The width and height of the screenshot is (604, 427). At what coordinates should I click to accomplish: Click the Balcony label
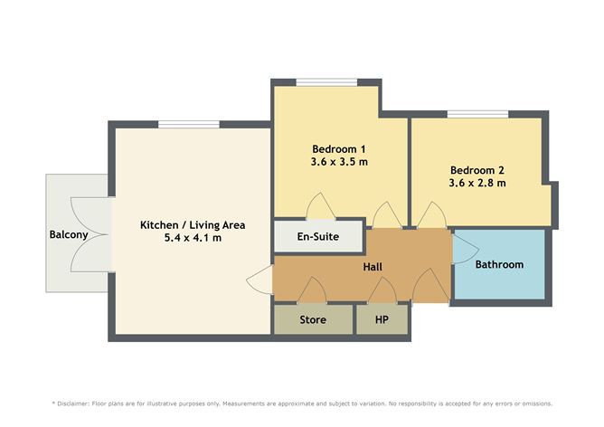(69, 235)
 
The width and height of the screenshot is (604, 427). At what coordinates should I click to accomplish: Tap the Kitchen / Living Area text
(193, 224)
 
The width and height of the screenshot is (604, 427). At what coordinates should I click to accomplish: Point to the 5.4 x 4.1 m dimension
(193, 238)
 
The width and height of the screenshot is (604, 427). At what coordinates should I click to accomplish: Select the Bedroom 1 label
(338, 149)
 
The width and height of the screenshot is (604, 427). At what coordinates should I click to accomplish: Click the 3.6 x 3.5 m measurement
(338, 162)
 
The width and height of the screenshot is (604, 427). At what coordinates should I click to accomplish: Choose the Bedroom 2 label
(477, 169)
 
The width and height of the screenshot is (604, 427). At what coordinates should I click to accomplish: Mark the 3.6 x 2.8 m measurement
(477, 183)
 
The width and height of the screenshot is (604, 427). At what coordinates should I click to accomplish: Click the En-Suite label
(319, 238)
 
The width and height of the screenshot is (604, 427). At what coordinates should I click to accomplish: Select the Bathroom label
(499, 265)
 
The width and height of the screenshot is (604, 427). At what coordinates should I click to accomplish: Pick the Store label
(313, 319)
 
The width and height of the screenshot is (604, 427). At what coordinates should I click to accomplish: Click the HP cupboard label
(382, 319)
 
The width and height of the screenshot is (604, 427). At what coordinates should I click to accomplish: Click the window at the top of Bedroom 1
(326, 83)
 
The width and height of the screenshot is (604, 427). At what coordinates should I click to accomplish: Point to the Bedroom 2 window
(478, 115)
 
